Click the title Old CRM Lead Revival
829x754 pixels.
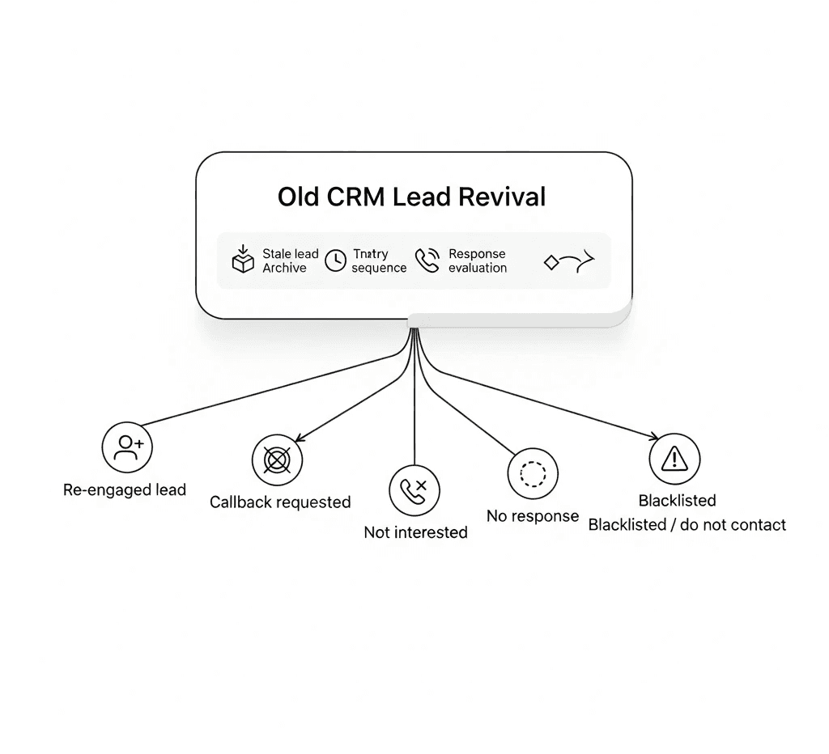coord(412,197)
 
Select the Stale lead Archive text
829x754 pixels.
coord(290,261)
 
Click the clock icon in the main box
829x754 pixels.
coord(335,261)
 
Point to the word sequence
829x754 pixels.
coord(379,268)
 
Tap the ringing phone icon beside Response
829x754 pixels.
coord(427,260)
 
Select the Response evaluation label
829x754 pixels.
coord(478,261)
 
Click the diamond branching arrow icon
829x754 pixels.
coord(568,261)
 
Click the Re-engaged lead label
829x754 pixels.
coord(125,489)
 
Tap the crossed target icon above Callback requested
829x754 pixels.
coord(277,460)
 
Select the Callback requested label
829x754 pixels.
coord(280,502)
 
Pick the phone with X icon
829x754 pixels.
coord(414,490)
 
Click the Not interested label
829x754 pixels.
coord(415,532)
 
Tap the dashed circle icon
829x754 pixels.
coord(533,473)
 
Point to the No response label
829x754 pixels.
coord(533,516)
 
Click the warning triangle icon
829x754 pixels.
coord(674,459)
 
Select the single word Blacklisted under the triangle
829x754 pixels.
coord(677,501)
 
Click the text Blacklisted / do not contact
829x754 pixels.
coord(687,525)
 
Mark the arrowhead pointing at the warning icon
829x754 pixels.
coord(654,438)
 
